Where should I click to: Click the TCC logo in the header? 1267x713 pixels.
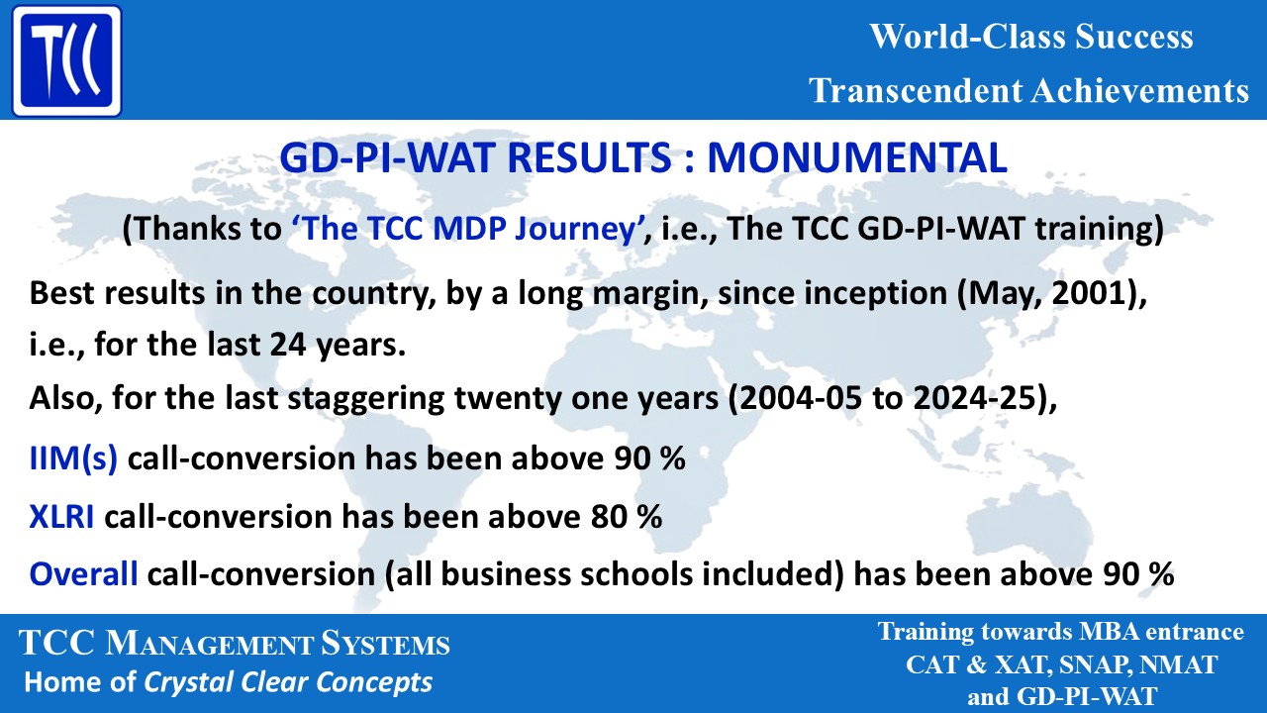[64, 61]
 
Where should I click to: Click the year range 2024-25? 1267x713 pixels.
[969, 399]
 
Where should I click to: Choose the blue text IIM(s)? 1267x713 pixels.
[73, 458]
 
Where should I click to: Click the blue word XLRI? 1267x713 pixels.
[62, 516]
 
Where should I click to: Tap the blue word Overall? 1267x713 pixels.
[83, 573]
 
